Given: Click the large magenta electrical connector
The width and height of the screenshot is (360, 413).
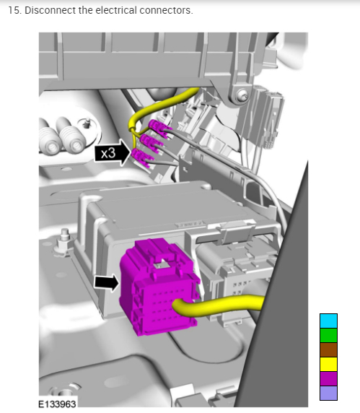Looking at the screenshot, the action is (x=158, y=287).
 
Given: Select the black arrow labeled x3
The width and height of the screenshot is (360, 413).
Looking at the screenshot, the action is (x=113, y=152).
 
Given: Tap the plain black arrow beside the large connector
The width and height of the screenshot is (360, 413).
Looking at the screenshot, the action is (x=107, y=282).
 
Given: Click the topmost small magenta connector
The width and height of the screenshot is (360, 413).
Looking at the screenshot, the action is (x=160, y=128).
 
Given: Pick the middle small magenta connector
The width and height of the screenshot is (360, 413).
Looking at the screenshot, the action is (x=152, y=142).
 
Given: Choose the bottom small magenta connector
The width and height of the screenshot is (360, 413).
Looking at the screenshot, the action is (x=143, y=157).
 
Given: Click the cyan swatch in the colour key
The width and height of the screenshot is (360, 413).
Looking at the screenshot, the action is (x=328, y=321).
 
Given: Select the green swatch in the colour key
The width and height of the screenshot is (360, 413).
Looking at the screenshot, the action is (x=328, y=335).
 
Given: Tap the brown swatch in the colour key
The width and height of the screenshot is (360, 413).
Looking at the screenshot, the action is (x=328, y=349).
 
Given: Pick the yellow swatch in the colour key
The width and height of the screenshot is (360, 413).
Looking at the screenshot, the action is (x=328, y=364).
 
